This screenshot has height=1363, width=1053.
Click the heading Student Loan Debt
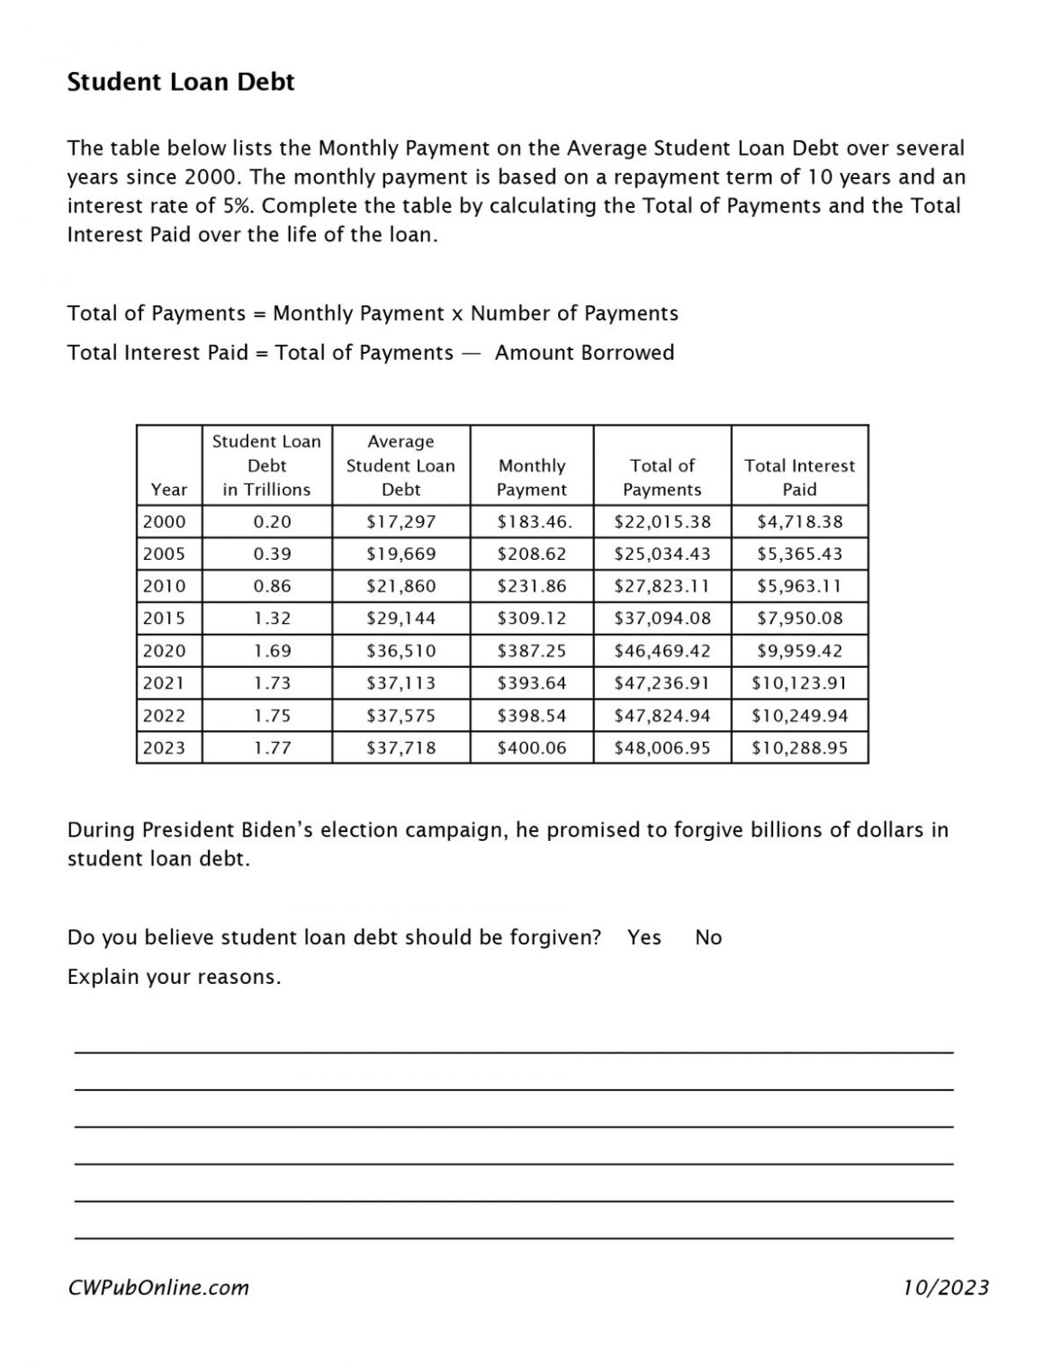coord(181,82)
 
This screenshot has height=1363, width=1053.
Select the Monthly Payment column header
coord(531,477)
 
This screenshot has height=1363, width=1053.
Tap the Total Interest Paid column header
coord(799,477)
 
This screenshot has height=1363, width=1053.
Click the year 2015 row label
coord(164,618)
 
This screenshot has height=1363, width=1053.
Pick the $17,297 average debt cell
coord(400,521)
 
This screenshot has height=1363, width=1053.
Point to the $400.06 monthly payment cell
coord(531,747)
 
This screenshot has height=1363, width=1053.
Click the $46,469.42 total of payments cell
coord(661,651)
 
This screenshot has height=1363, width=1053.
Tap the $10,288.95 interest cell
coord(799,747)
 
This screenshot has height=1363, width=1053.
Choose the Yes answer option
coord(644,937)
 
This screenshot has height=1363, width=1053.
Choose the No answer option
coord(708,937)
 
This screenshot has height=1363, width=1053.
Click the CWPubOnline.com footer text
coord(158,1287)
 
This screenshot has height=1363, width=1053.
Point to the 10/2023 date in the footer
coord(946,1287)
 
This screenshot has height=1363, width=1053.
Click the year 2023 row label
coord(164,747)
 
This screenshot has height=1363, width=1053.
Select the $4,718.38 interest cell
coord(799,521)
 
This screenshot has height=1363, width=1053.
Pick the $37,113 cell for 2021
coord(400,683)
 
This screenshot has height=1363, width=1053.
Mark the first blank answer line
coord(513,1052)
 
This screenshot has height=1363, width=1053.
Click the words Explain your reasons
coord(174,977)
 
